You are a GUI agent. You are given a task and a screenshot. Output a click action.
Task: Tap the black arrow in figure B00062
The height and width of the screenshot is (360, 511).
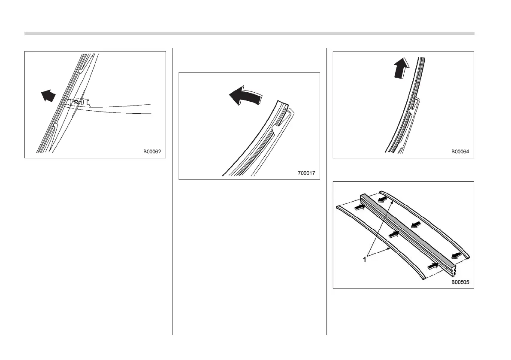tap(48, 95)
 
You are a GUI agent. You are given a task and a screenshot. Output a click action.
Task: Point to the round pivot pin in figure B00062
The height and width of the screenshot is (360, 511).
tap(76, 103)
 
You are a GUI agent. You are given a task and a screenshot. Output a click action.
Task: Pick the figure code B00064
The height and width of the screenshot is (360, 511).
tap(462, 151)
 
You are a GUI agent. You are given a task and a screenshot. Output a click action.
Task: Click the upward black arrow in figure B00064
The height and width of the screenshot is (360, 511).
tap(402, 69)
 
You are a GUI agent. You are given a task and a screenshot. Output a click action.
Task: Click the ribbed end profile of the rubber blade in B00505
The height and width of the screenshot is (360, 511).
tap(454, 269)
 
